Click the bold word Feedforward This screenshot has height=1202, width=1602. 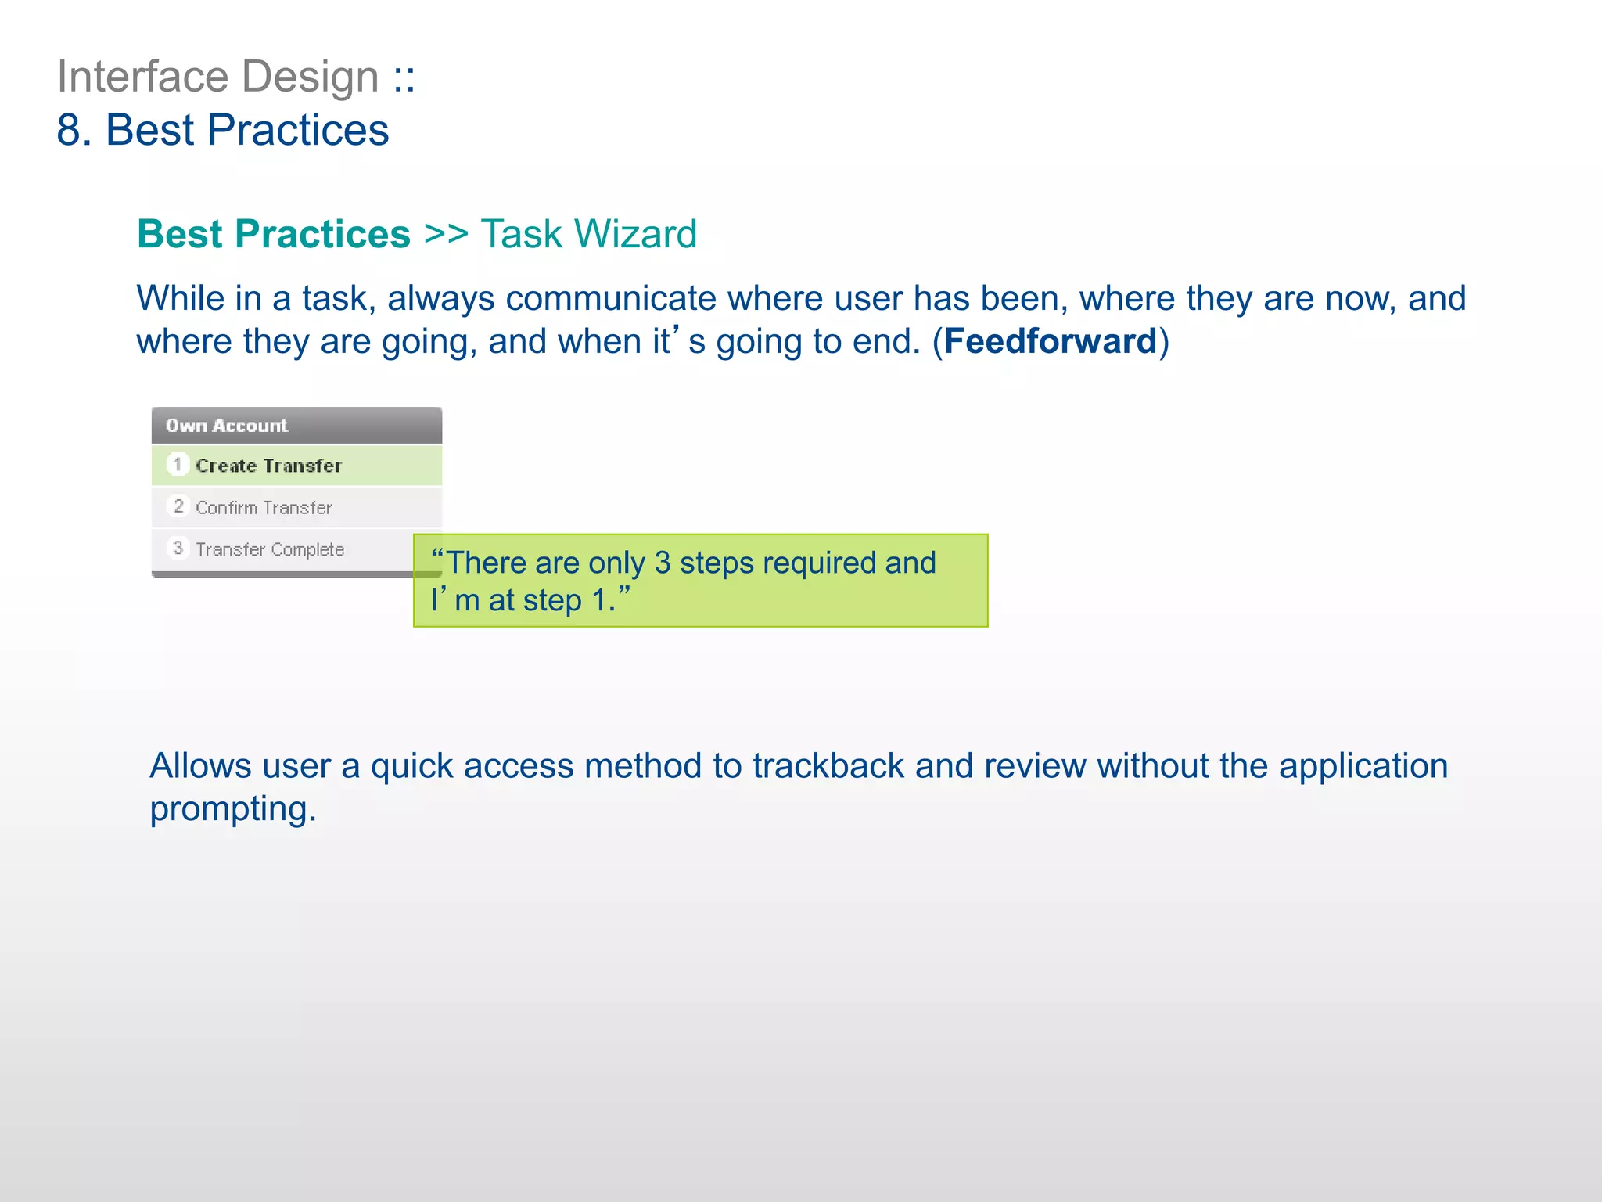[1050, 341]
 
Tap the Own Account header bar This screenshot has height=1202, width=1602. [296, 426]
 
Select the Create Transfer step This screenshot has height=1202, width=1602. [268, 466]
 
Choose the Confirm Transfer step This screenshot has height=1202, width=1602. [264, 508]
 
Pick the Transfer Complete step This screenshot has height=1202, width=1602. [269, 549]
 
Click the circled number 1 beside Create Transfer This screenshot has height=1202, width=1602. [178, 465]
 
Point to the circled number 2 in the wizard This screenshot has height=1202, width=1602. [178, 506]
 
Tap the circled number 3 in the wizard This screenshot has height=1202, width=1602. [178, 548]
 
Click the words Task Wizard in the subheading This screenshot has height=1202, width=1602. [588, 234]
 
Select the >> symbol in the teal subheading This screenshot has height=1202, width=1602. [445, 234]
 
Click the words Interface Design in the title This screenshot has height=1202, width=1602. [217, 77]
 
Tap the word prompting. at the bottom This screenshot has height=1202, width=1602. [232, 809]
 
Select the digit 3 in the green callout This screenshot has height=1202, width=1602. [662, 563]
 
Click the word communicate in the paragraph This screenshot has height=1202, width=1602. [610, 298]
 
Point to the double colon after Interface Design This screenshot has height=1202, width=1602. [404, 78]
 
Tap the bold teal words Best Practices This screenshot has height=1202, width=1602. [273, 234]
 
